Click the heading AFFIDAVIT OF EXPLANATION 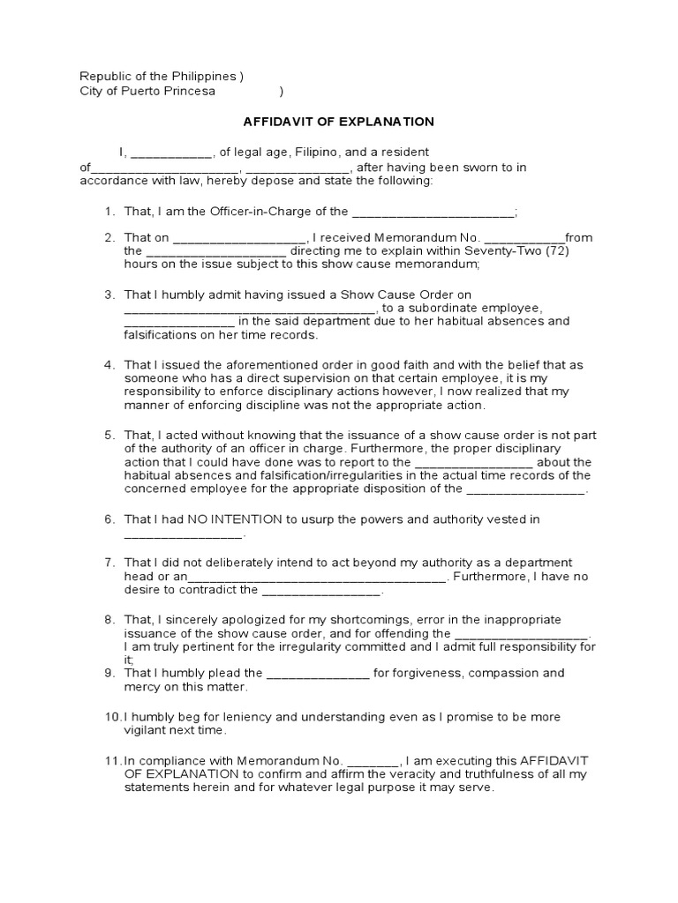(x=339, y=121)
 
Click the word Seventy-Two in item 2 (x=502, y=250)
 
